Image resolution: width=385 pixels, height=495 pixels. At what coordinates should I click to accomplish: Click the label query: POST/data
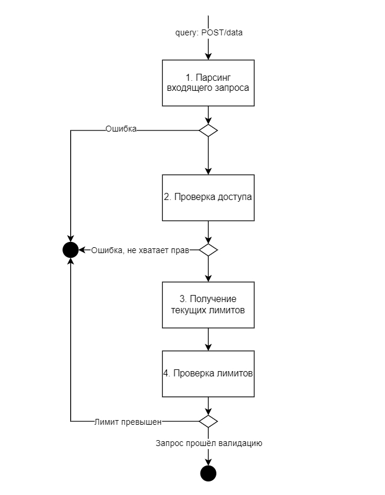209,33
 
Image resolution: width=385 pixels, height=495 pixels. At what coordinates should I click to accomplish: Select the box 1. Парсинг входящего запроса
208,83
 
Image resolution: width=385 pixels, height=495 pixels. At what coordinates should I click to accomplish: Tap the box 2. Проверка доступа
208,198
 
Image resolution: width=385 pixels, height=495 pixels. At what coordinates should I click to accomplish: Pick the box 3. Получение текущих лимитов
208,304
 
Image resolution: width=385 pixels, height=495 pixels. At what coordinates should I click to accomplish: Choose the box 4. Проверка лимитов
208,373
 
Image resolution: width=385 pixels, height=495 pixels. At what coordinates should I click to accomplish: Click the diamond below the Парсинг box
208,130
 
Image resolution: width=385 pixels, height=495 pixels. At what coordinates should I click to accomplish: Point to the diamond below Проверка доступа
208,250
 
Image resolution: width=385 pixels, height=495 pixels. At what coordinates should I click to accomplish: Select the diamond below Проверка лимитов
208,421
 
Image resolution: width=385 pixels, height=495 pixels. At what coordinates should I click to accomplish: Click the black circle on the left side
70,250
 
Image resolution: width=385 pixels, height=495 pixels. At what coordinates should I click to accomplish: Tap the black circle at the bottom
208,473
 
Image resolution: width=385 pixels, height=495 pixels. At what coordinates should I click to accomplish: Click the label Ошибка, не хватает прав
140,250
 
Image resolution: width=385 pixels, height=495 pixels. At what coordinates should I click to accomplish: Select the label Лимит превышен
128,422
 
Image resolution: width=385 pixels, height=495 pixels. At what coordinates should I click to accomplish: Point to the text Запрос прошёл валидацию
209,443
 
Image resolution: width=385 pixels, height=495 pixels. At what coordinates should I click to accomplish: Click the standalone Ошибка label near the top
121,129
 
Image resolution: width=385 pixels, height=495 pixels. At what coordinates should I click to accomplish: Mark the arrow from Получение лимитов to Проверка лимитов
208,339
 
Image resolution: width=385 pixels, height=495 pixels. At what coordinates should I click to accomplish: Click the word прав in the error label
180,250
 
